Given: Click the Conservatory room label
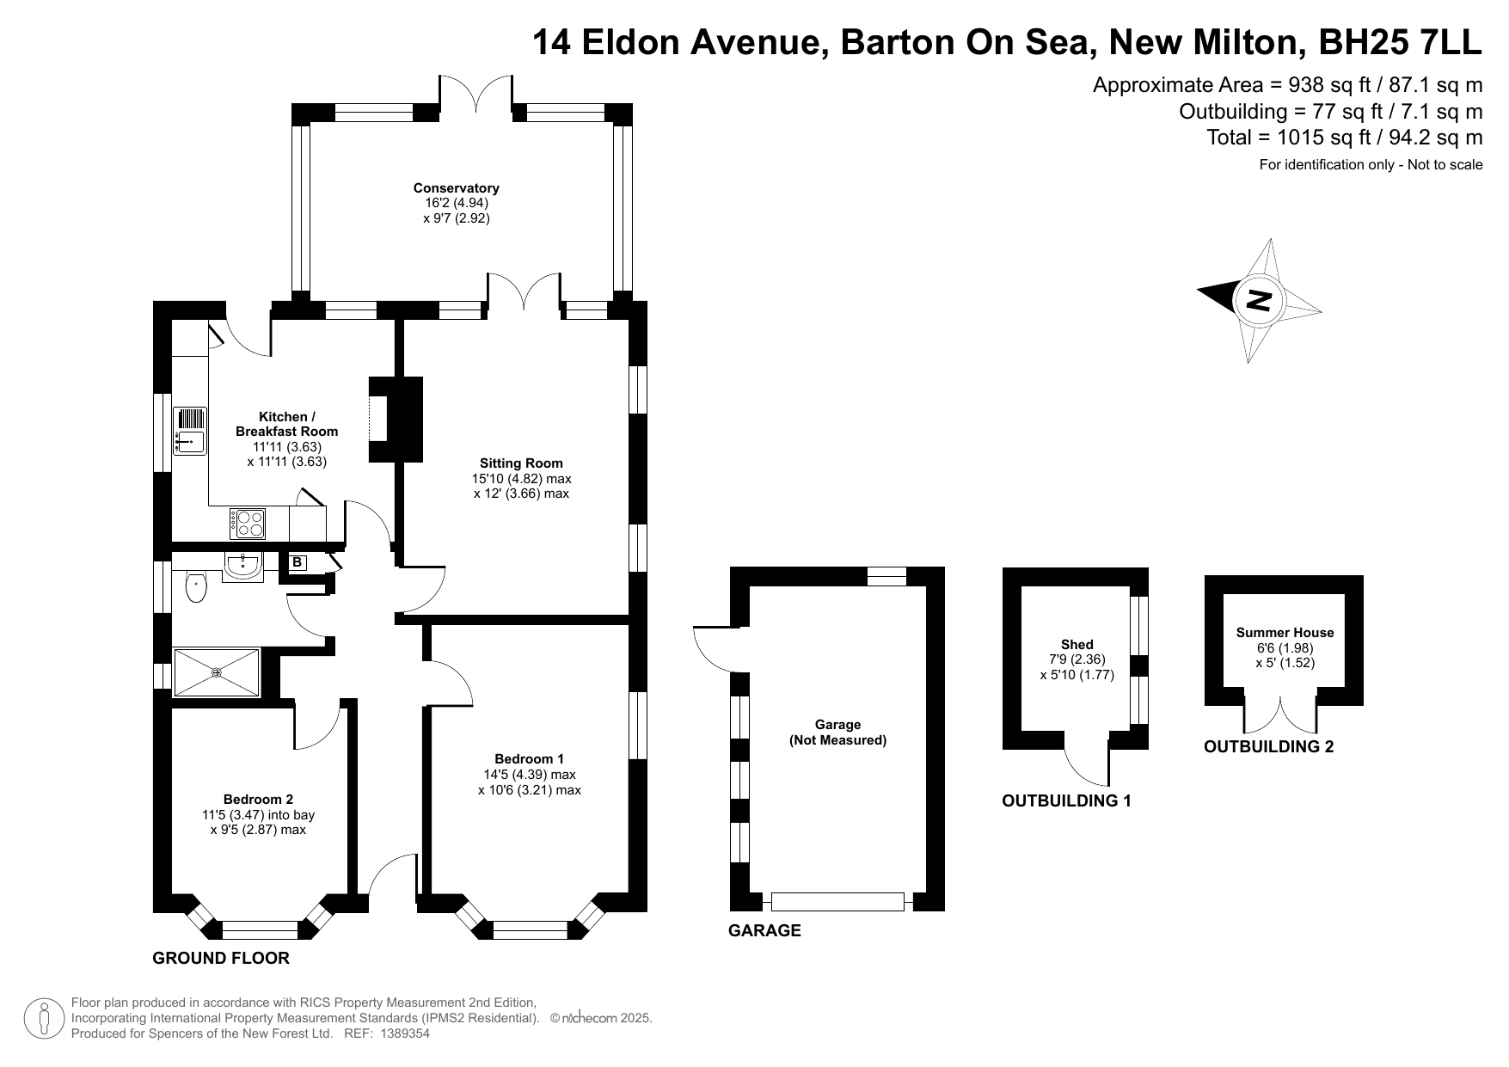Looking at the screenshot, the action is [456, 188].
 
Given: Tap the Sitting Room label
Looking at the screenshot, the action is [521, 463].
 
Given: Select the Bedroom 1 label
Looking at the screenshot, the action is [529, 758].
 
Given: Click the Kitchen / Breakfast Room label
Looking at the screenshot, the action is [287, 424].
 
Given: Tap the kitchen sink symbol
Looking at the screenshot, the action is [190, 430].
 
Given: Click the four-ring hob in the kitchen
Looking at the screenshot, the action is [247, 523].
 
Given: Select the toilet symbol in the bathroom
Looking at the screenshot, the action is [197, 588].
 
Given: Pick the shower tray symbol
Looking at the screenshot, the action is [216, 672].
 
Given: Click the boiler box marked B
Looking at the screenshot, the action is [298, 563].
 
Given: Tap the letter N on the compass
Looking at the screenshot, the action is [1258, 301].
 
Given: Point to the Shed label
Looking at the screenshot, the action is [1077, 645].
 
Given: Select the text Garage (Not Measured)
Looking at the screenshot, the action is [837, 733].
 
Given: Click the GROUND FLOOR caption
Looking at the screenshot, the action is [221, 958].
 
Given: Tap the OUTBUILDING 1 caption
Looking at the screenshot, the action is [1066, 801].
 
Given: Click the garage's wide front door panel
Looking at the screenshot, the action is [837, 902].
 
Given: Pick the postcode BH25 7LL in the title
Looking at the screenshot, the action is [1401, 41].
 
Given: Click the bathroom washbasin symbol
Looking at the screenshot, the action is [243, 565].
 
